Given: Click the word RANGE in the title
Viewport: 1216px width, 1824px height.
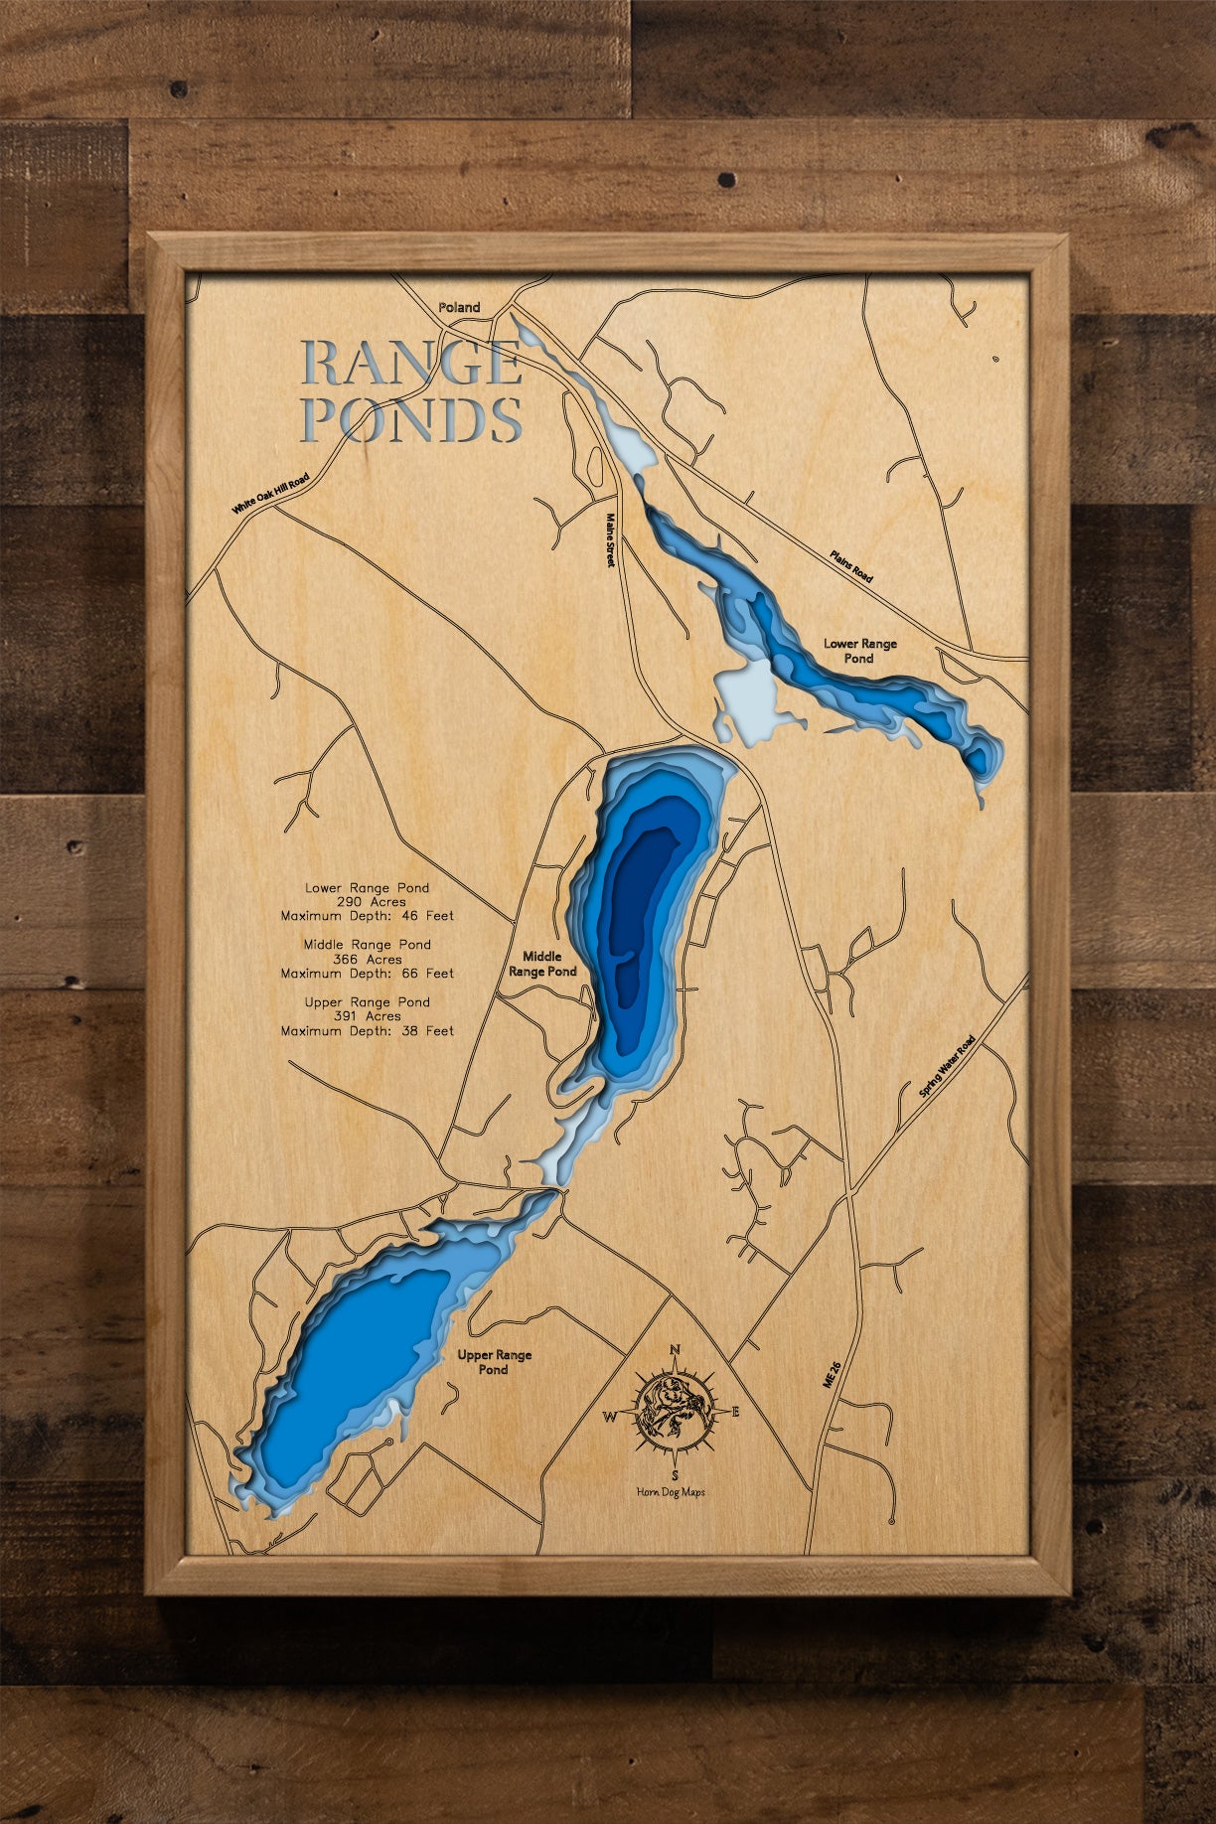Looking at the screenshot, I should [x=411, y=364].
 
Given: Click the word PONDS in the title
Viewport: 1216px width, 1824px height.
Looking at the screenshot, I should [x=411, y=419].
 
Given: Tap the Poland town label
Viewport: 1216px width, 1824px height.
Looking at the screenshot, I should [x=459, y=308].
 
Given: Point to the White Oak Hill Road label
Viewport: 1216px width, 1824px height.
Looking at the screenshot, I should [x=270, y=493].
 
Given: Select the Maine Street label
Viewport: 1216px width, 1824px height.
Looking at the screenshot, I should [x=612, y=540].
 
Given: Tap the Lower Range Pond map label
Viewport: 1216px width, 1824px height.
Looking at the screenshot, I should [x=859, y=651].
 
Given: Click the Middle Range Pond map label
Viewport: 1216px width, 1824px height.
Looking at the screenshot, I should [x=542, y=964].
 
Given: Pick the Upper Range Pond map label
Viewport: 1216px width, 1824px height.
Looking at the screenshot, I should [x=494, y=1362].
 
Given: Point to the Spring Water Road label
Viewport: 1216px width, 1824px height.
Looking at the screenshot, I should [x=947, y=1066].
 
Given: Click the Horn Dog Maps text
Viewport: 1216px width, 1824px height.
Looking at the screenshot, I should [x=672, y=1492].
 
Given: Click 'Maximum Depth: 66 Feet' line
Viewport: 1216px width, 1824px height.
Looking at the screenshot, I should [x=367, y=974].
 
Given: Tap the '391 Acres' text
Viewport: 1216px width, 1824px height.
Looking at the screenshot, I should [x=369, y=1016].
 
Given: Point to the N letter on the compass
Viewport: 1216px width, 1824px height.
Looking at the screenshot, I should [x=676, y=1349].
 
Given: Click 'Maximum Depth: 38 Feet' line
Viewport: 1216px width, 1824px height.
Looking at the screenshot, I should [x=367, y=1031].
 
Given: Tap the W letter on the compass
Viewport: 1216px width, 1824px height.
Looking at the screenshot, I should [x=609, y=1417].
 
